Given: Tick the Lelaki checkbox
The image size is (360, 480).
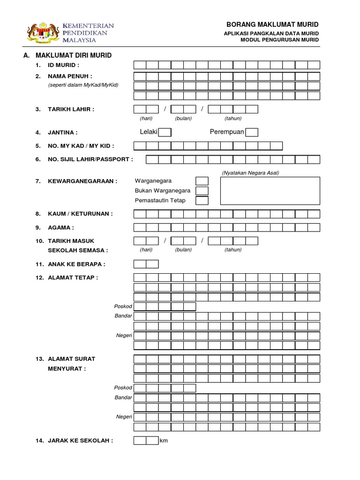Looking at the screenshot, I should click(165, 132).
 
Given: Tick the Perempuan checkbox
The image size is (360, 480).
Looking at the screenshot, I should click(252, 132).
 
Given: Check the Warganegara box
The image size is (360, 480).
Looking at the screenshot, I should click(202, 181).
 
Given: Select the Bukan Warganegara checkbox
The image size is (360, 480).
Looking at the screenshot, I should click(202, 191).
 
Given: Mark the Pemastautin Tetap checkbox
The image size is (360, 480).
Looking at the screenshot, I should click(202, 201).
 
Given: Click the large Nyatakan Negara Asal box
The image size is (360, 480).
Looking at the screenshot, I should click(270, 191).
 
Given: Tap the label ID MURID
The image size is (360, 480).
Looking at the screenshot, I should click(63, 65).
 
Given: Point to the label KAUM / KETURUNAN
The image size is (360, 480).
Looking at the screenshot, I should click(80, 214).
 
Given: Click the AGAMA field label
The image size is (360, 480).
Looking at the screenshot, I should click(61, 228).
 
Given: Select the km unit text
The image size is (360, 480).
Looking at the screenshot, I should click(164, 441).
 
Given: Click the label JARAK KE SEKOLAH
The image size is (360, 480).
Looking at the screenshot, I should click(80, 441).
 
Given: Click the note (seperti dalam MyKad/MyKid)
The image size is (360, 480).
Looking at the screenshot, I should click(83, 85).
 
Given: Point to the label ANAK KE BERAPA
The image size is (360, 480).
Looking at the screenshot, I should click(76, 264).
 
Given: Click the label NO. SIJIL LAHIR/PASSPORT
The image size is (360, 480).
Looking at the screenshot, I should click(90, 159).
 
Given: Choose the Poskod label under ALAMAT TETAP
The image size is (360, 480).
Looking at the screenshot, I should click(124, 307).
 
